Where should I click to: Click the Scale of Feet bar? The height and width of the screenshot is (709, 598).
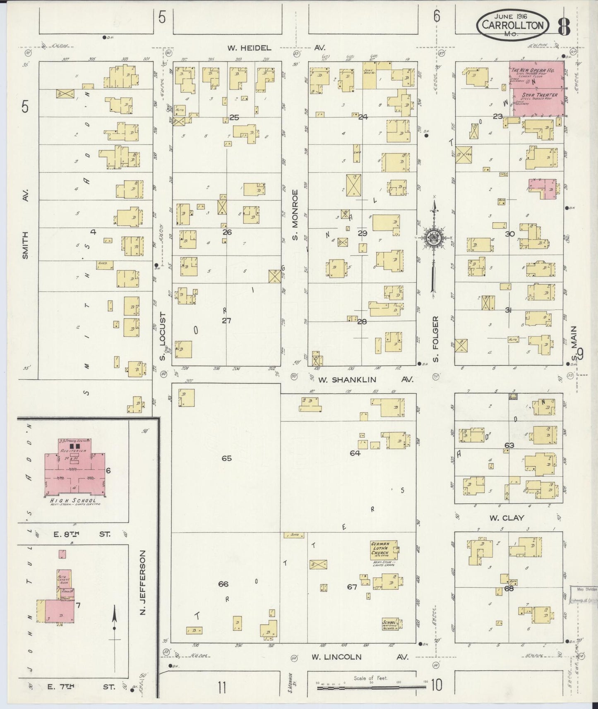[371, 687]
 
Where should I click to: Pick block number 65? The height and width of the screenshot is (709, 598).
[226, 458]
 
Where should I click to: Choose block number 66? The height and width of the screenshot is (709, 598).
[223, 584]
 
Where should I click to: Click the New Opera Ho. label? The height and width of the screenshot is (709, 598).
[536, 71]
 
